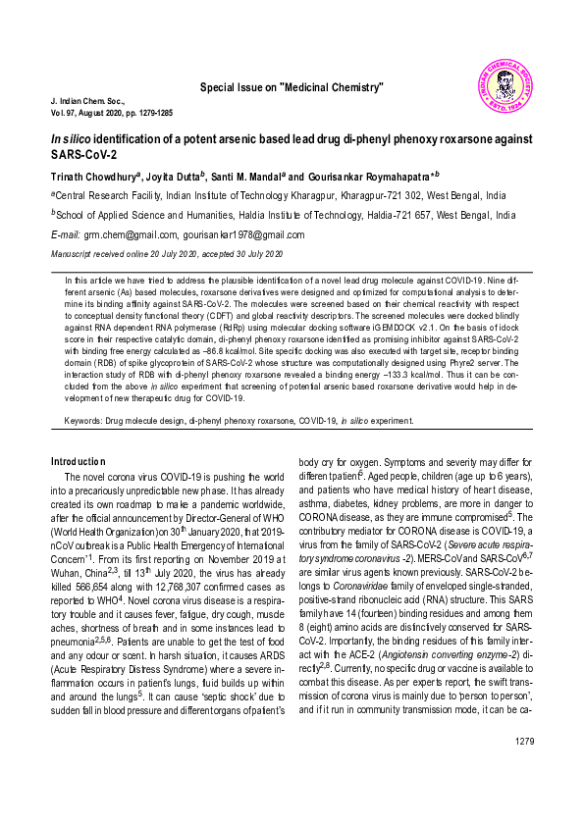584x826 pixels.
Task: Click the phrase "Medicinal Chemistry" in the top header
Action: coord(331,88)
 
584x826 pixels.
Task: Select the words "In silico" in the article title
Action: coord(71,140)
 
